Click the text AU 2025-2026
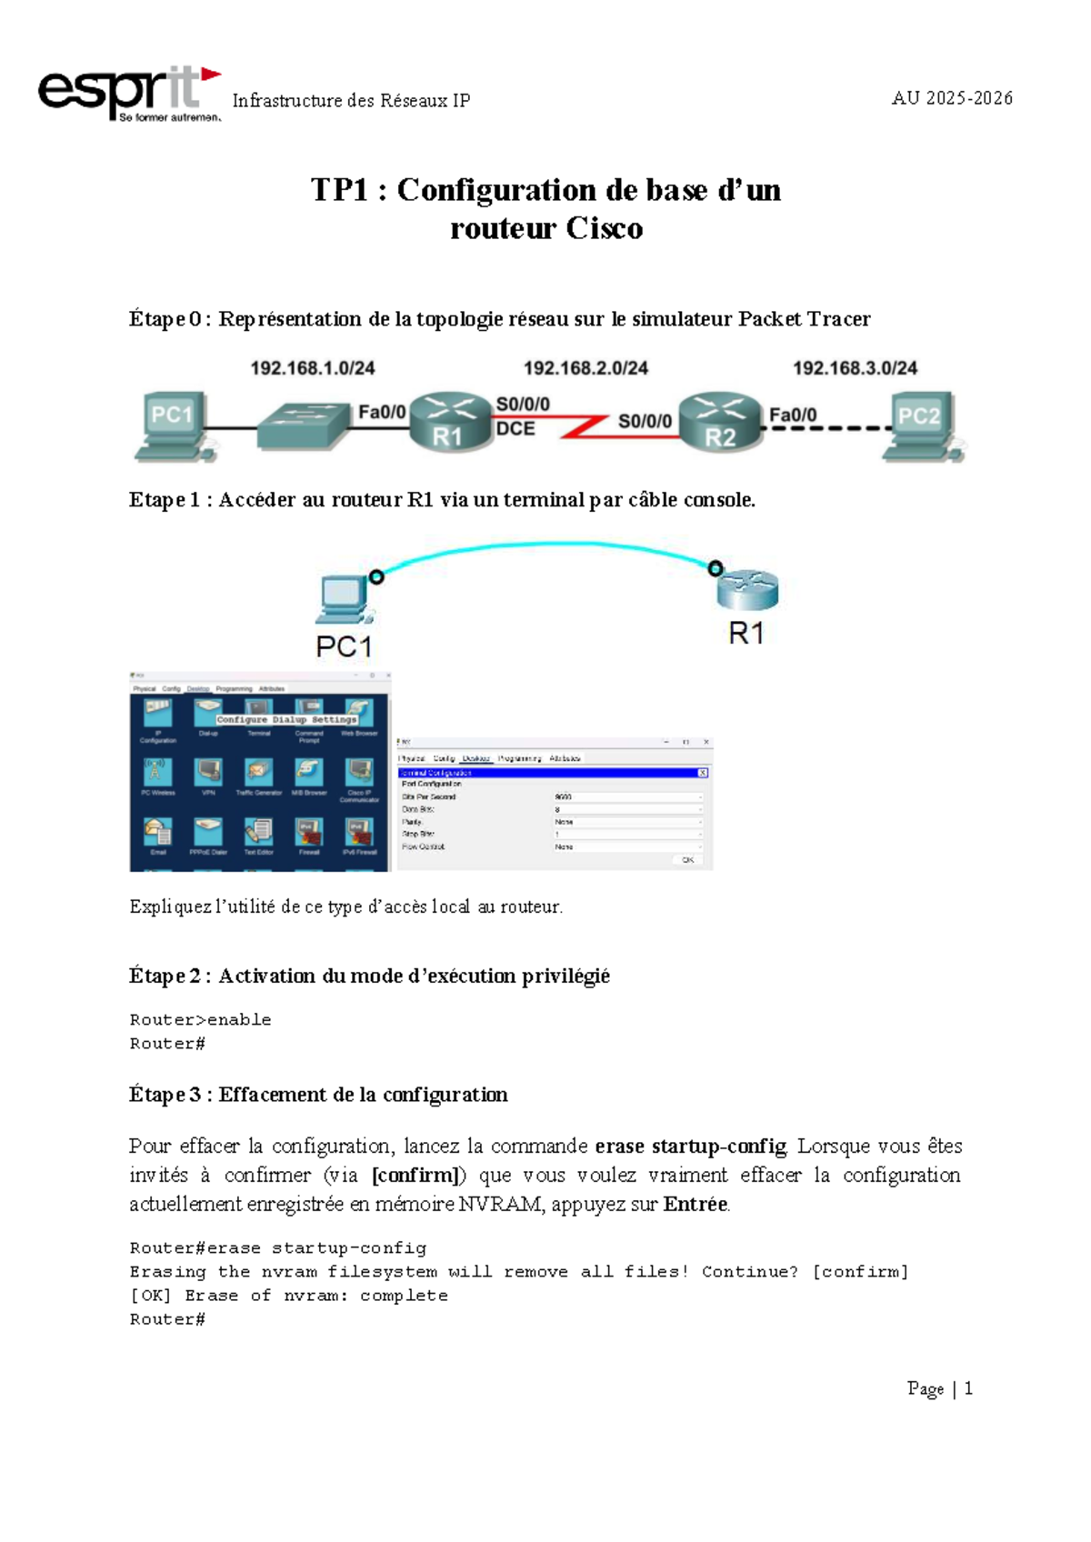[x=952, y=98]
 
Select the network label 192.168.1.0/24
[x=313, y=368]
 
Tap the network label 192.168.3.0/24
[x=855, y=368]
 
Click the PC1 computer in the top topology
[x=173, y=424]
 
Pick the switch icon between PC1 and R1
[x=303, y=426]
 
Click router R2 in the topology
[x=720, y=422]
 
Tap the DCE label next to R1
[x=515, y=429]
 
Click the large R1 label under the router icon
[x=746, y=634]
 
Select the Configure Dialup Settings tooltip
[x=287, y=719]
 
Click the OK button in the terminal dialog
[x=687, y=859]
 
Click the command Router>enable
[x=200, y=1020]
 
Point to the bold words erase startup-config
[x=690, y=1146]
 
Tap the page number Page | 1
[x=940, y=1388]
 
